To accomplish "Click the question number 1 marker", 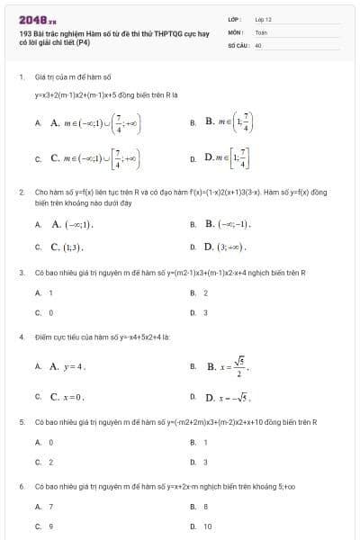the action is point(21,77).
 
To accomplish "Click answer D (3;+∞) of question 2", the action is point(225,245).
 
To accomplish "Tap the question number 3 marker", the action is point(21,272).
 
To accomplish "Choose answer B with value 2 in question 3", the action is point(205,292).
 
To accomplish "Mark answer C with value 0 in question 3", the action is point(50,312).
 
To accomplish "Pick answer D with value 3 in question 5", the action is point(205,462).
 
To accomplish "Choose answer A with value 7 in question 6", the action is point(50,507).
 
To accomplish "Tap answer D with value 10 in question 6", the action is point(208,526).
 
